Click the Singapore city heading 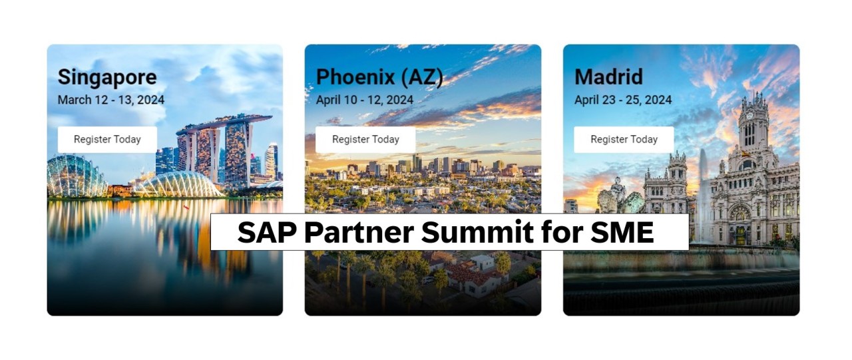(107, 77)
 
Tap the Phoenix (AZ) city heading (379, 77)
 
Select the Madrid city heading (608, 77)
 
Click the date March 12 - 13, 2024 (111, 100)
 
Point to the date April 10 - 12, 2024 (365, 100)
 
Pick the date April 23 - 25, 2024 (623, 100)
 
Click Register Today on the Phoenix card (365, 139)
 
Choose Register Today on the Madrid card (624, 139)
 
